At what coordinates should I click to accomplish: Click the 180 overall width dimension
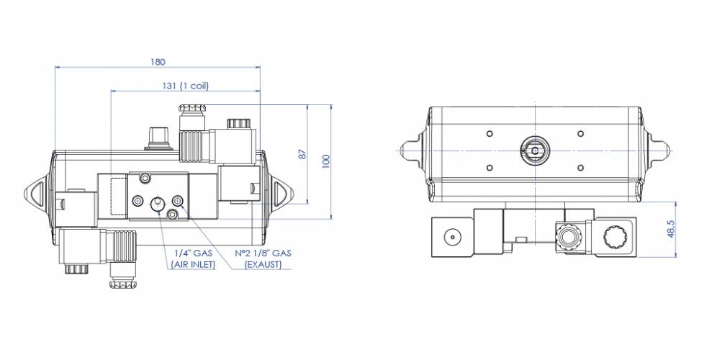coord(157,61)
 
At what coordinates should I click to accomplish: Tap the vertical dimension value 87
coord(303,154)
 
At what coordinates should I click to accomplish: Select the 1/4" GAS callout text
coord(192,253)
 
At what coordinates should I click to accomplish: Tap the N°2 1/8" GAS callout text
coord(263,253)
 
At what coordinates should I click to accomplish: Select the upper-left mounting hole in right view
coord(490,133)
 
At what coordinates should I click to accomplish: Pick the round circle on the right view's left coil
coord(451,236)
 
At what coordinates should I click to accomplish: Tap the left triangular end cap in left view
coord(36,193)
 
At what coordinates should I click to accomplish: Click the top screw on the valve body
coord(147,178)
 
